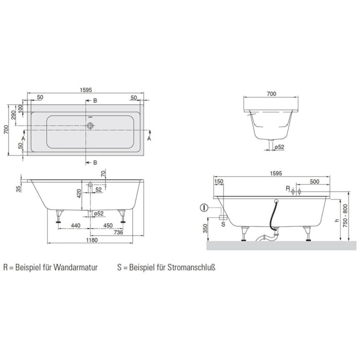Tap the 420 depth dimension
click(79, 194)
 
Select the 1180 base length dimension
click(92, 240)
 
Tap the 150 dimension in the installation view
click(219, 181)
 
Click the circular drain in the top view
click(91, 125)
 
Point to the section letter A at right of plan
click(149, 138)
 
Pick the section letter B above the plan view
click(95, 100)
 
